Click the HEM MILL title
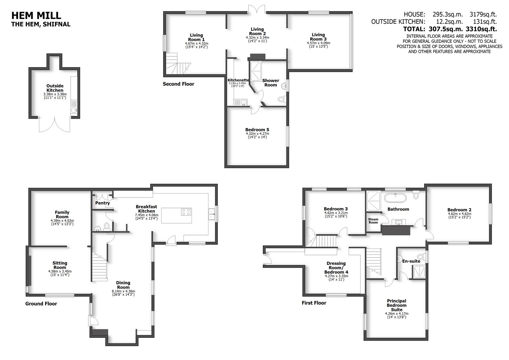(36, 15)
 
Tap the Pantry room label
(103, 203)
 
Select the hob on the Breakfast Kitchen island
(186, 212)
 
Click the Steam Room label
(373, 221)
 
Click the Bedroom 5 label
(257, 130)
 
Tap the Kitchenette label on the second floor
(238, 80)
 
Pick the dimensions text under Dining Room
(123, 293)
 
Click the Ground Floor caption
(41, 304)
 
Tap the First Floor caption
(314, 303)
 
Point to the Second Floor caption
(178, 84)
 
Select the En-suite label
(411, 261)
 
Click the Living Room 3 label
(318, 37)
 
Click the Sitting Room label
(60, 265)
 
